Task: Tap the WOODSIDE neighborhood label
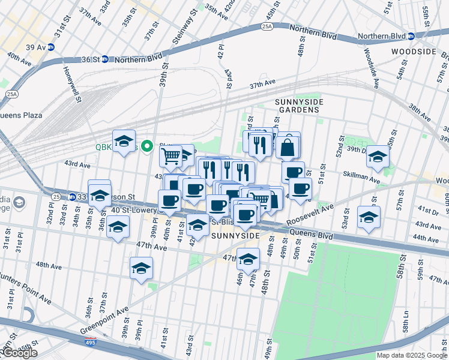412,52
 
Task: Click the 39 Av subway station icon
51,47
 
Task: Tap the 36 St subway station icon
104,59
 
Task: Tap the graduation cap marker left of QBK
124,142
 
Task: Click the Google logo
20,353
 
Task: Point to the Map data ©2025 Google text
411,355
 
